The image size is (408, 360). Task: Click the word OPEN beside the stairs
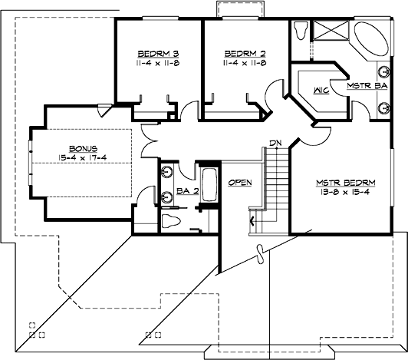click(240, 182)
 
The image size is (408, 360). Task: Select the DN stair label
click(275, 143)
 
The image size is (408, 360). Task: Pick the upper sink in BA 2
click(166, 170)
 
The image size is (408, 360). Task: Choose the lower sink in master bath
click(383, 107)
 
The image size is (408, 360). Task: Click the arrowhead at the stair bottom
click(252, 222)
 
